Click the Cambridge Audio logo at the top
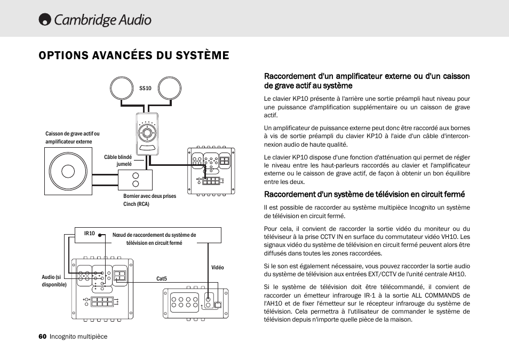(x=95, y=20)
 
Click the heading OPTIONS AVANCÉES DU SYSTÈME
(x=134, y=55)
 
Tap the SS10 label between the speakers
(x=145, y=88)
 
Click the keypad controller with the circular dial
(x=147, y=134)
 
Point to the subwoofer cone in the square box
(x=68, y=171)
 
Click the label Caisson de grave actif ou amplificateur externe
(x=72, y=138)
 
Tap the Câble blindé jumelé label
(x=118, y=161)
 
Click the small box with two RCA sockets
(x=135, y=180)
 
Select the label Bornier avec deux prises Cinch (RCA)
(x=149, y=200)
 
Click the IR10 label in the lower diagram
(x=89, y=233)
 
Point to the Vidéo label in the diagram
(x=218, y=267)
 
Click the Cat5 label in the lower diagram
(x=162, y=278)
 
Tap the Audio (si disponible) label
(x=54, y=281)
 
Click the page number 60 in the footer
(x=42, y=337)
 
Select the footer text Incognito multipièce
(x=78, y=337)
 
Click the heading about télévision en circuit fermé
(x=364, y=194)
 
